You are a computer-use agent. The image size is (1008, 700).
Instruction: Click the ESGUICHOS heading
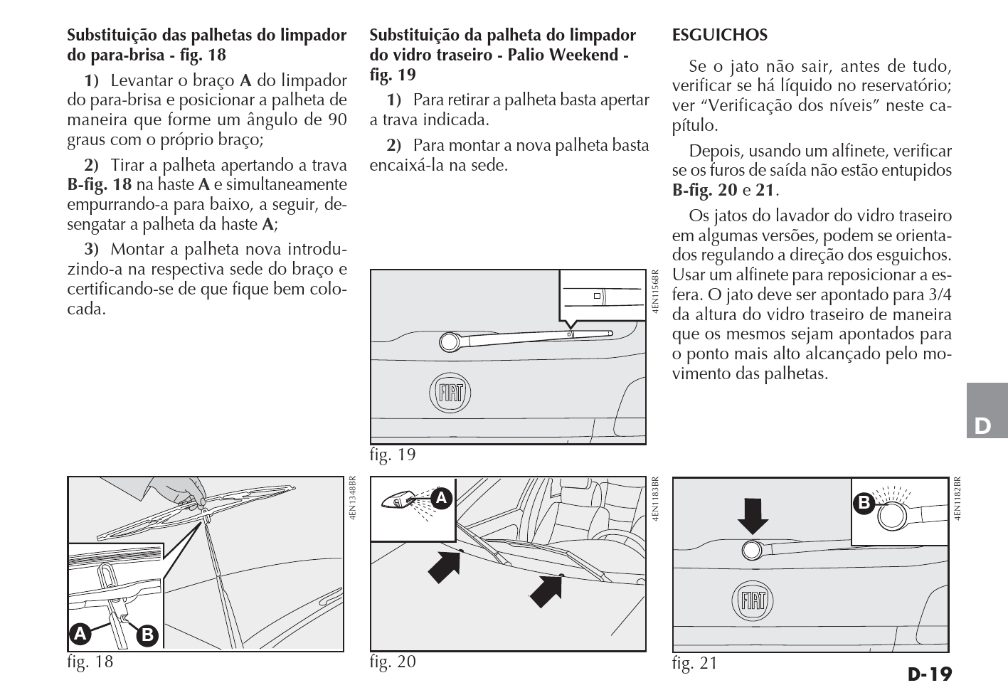719,35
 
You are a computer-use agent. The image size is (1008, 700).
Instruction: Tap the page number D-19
930,674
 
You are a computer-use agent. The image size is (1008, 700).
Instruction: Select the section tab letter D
982,426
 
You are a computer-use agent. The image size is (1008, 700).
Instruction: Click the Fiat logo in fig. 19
450,393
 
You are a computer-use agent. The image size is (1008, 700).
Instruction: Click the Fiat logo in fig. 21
753,602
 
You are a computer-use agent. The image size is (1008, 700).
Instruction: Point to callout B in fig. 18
147,634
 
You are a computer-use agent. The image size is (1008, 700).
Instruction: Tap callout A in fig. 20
442,498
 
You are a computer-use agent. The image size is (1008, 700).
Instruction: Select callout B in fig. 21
864,503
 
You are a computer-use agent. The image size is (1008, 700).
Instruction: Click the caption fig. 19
392,455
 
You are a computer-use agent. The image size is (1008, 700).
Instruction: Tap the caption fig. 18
90,662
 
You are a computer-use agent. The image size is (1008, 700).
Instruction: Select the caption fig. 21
694,664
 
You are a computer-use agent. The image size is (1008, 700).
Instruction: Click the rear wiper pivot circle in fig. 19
450,342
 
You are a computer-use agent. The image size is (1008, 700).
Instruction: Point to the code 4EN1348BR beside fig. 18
353,502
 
